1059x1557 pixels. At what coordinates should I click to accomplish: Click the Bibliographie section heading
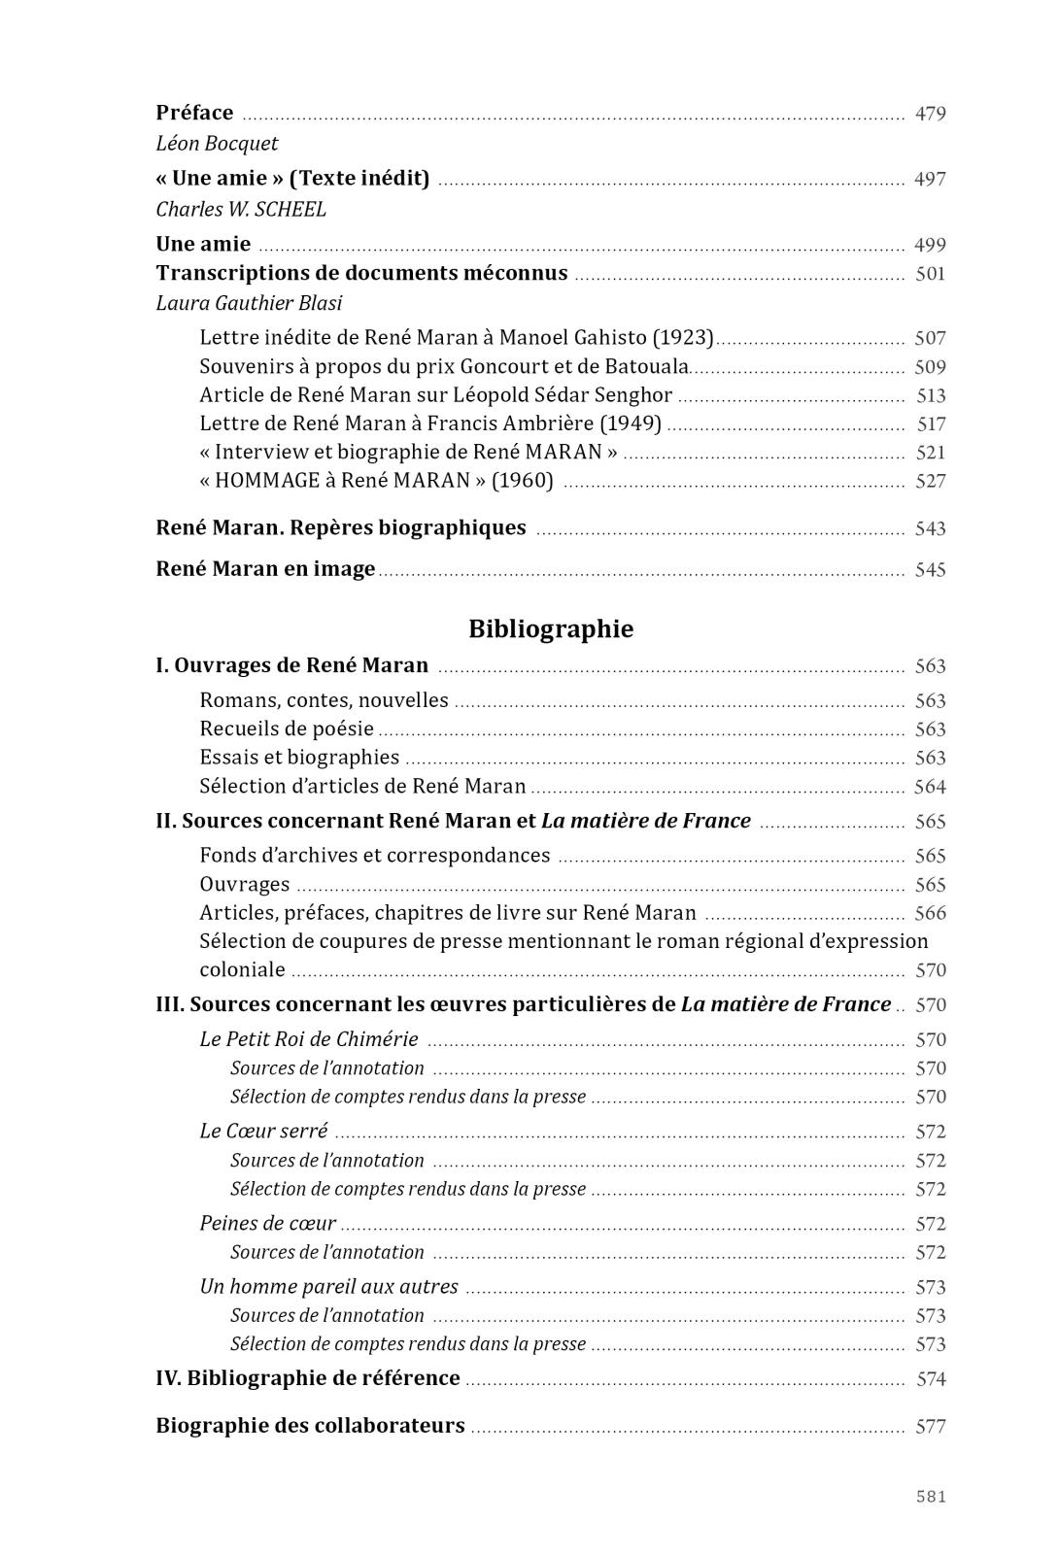[551, 628]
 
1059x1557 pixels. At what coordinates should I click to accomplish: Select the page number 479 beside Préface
[930, 114]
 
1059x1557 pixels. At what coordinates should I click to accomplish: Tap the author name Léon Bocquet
[217, 144]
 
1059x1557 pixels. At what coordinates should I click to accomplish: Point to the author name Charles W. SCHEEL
[241, 210]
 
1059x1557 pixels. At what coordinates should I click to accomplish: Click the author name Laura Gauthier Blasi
[249, 304]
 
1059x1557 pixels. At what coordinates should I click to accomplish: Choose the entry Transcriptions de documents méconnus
[361, 273]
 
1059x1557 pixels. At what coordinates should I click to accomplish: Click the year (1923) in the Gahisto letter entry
[683, 338]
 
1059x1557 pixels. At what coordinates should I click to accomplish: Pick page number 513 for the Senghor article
[930, 395]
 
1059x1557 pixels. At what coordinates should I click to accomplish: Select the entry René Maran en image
[265, 569]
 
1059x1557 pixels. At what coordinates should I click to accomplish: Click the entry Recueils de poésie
[287, 728]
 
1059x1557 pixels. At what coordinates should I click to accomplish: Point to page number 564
[930, 787]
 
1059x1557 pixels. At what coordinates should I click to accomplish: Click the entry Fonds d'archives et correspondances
[374, 856]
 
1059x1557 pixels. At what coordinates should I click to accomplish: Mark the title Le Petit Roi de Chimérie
[309, 1039]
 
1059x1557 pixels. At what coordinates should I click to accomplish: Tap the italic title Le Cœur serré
[263, 1132]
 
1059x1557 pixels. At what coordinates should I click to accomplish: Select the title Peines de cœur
[267, 1224]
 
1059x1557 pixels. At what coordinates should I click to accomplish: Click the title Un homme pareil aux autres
[328, 1287]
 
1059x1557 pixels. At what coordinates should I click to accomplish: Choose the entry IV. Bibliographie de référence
[308, 1378]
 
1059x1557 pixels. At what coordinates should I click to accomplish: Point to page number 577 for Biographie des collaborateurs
[930, 1427]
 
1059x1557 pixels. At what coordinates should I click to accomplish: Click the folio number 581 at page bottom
[930, 1497]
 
